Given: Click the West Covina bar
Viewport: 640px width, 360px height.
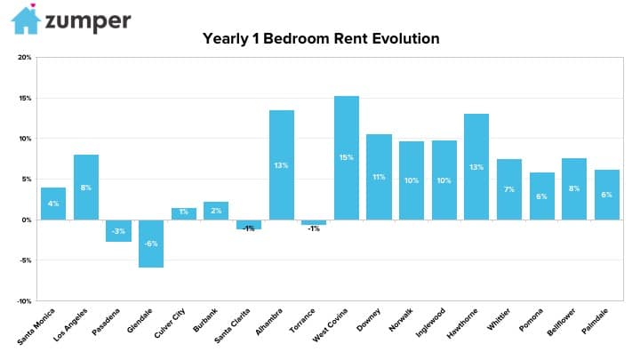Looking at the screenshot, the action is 347,158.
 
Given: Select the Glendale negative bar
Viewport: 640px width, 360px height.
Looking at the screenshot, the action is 151,244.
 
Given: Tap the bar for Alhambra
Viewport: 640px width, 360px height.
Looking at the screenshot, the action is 282,165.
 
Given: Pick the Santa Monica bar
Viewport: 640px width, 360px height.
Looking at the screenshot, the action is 53,204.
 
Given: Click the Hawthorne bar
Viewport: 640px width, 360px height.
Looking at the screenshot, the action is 476,167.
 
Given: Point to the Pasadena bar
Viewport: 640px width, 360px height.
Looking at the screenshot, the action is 119,230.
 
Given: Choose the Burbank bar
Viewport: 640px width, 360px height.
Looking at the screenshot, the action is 216,211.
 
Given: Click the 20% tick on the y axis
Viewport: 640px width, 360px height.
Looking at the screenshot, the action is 25,58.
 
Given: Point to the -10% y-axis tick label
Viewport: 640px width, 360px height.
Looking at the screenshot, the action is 24,301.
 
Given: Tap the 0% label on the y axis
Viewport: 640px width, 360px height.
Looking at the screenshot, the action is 27,220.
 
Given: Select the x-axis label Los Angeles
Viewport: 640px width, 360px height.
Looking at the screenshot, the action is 70,325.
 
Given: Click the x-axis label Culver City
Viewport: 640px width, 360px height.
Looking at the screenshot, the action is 170,323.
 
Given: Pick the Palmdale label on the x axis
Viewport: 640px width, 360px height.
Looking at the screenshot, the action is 595,321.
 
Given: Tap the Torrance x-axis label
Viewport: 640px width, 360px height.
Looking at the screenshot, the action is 302,320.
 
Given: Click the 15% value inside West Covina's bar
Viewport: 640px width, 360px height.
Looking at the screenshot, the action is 346,157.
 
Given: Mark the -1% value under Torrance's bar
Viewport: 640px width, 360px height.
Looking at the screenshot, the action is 314,229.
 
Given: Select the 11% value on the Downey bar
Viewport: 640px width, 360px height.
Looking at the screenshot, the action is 379,177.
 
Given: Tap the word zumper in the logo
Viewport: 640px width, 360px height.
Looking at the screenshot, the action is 88,22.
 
